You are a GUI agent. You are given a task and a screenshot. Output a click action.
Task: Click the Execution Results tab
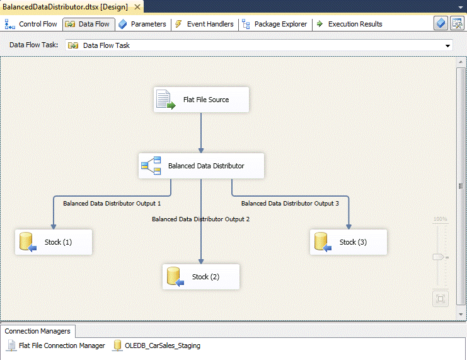pyautogui.click(x=349, y=24)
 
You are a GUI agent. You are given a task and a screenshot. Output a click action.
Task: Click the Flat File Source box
pyautogui.click(x=201, y=100)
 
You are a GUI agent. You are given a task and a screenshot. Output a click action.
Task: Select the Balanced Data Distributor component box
pyautogui.click(x=200, y=166)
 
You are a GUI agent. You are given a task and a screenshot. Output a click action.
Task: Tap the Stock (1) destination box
pyautogui.click(x=54, y=242)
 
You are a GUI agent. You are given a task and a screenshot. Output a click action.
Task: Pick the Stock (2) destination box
pyautogui.click(x=201, y=277)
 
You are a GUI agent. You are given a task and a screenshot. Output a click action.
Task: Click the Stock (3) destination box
pyautogui.click(x=348, y=242)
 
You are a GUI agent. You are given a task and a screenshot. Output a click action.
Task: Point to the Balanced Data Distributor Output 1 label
pyautogui.click(x=112, y=204)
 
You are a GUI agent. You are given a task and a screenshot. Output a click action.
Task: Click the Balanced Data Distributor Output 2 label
pyautogui.click(x=201, y=219)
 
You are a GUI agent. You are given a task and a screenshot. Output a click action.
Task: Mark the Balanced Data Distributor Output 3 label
pyautogui.click(x=290, y=204)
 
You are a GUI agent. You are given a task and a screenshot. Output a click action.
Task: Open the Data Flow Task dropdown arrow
pyautogui.click(x=448, y=46)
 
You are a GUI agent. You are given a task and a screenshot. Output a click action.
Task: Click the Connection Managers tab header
pyautogui.click(x=38, y=331)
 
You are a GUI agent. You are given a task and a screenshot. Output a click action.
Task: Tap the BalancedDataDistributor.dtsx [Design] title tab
pyautogui.click(x=65, y=6)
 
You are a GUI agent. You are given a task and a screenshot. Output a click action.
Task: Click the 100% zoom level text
pyautogui.click(x=440, y=219)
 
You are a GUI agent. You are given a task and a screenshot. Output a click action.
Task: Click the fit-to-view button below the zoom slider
pyautogui.click(x=441, y=299)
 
